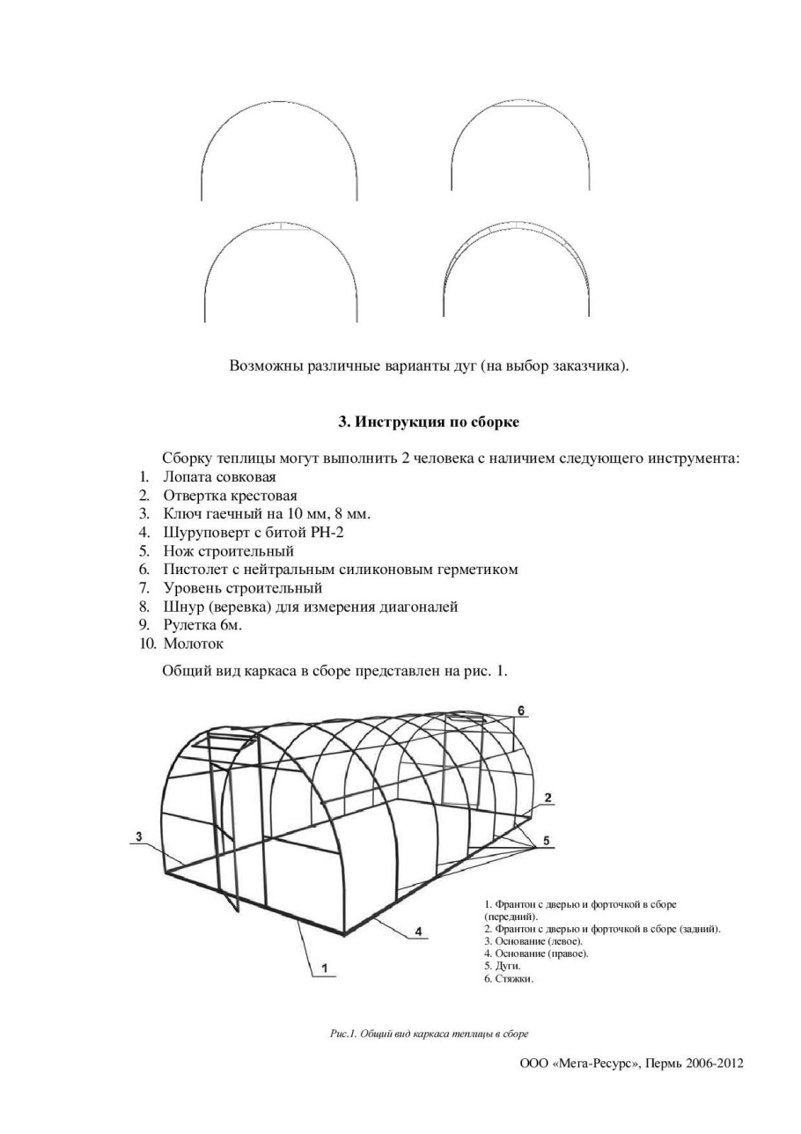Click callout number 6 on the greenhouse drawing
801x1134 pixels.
(x=520, y=710)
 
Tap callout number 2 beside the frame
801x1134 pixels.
(x=547, y=798)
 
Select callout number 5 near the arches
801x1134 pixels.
(x=547, y=842)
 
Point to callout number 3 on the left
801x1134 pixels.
(x=139, y=835)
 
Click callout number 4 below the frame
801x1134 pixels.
(x=418, y=931)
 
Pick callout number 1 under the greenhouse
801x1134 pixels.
(x=325, y=969)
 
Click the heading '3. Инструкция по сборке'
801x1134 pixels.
(x=429, y=423)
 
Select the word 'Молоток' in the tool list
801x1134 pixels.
(x=193, y=644)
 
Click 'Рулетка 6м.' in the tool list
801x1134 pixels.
(x=202, y=625)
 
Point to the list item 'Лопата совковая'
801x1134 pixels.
(x=219, y=477)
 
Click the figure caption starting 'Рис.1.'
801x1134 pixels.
(x=428, y=1034)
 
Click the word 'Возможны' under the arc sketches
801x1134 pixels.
(x=263, y=365)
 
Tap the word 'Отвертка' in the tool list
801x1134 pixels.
(x=194, y=496)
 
